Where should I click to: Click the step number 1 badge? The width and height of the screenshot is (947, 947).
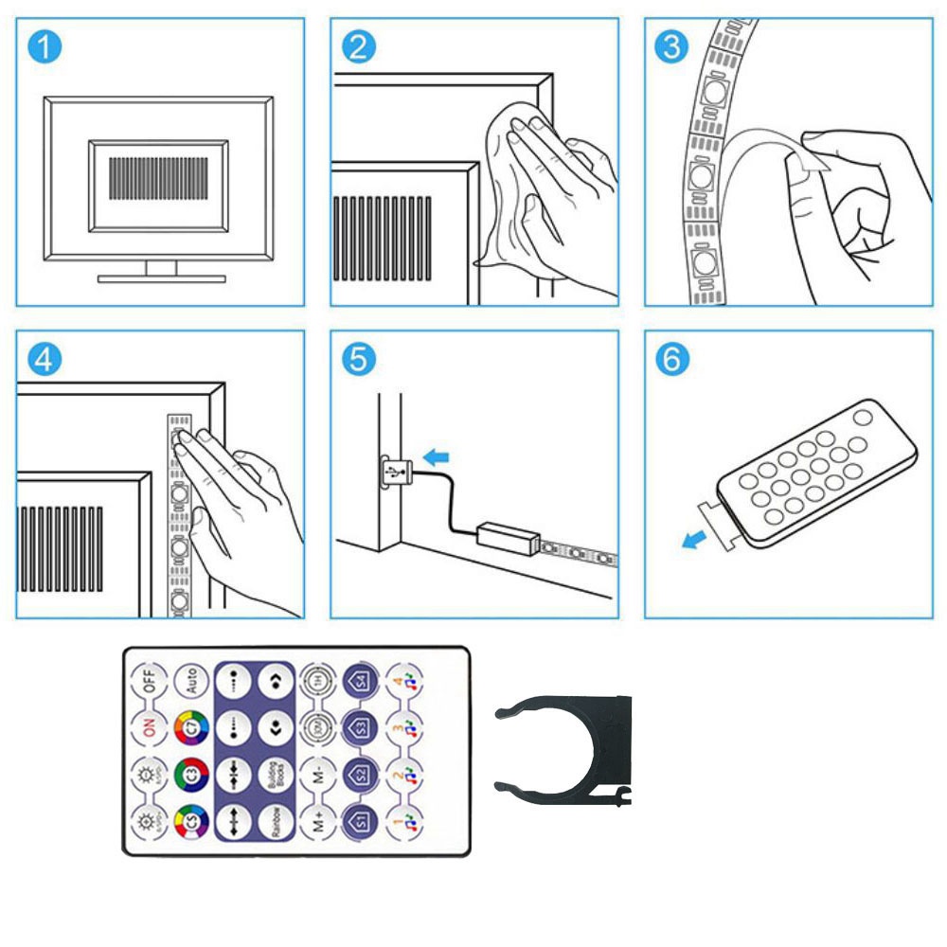coord(44,46)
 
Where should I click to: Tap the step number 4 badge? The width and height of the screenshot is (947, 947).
coord(44,359)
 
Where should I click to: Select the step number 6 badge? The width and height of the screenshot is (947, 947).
coord(671,359)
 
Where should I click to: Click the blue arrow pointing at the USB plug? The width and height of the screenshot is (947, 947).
coord(436,457)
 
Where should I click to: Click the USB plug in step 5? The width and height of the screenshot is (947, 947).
coord(394,471)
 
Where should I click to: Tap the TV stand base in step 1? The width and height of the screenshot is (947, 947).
coord(162,278)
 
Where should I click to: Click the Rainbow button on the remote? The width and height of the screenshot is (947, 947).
coord(273,819)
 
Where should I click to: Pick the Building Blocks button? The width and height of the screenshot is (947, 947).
coord(273,774)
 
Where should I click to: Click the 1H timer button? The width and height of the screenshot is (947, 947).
coord(316,680)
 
